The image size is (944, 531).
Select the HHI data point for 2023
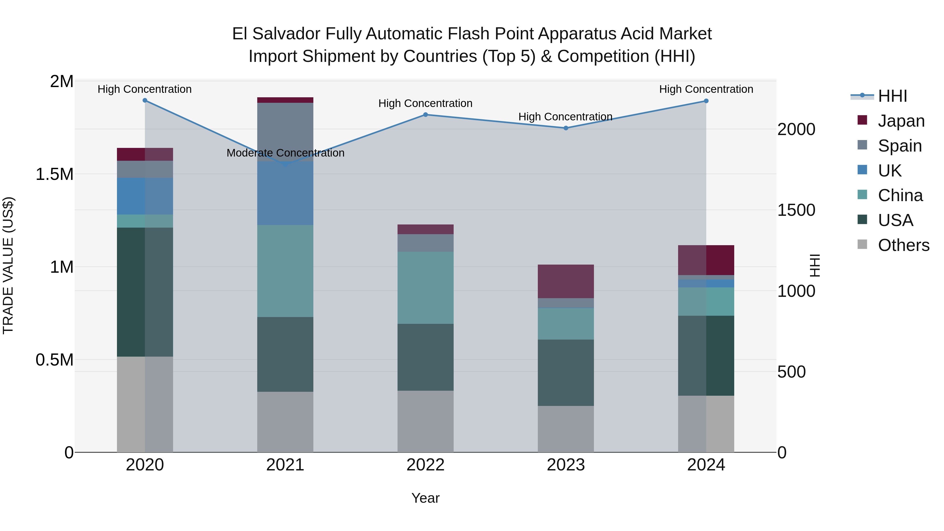pyautogui.click(x=566, y=128)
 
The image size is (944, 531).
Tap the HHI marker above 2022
pyautogui.click(x=426, y=115)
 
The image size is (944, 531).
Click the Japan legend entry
pyautogui.click(x=901, y=121)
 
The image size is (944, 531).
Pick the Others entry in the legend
pyautogui.click(x=903, y=245)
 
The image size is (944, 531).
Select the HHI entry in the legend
pyautogui.click(x=892, y=96)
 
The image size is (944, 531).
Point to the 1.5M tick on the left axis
pyautogui.click(x=54, y=174)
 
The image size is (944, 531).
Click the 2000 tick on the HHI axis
pyautogui.click(x=796, y=129)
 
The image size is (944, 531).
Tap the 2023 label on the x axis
pyautogui.click(x=566, y=465)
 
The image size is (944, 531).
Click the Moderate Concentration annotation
pyautogui.click(x=286, y=153)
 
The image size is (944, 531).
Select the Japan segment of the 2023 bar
pyautogui.click(x=566, y=281)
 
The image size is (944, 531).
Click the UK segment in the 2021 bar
pyautogui.click(x=286, y=193)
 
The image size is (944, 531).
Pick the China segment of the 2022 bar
pyautogui.click(x=426, y=288)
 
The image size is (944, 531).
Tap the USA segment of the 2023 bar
pyautogui.click(x=566, y=372)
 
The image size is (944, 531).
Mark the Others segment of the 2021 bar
pyautogui.click(x=286, y=422)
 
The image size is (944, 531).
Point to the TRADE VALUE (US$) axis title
pyautogui.click(x=8, y=265)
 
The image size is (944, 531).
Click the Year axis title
pyautogui.click(x=426, y=498)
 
